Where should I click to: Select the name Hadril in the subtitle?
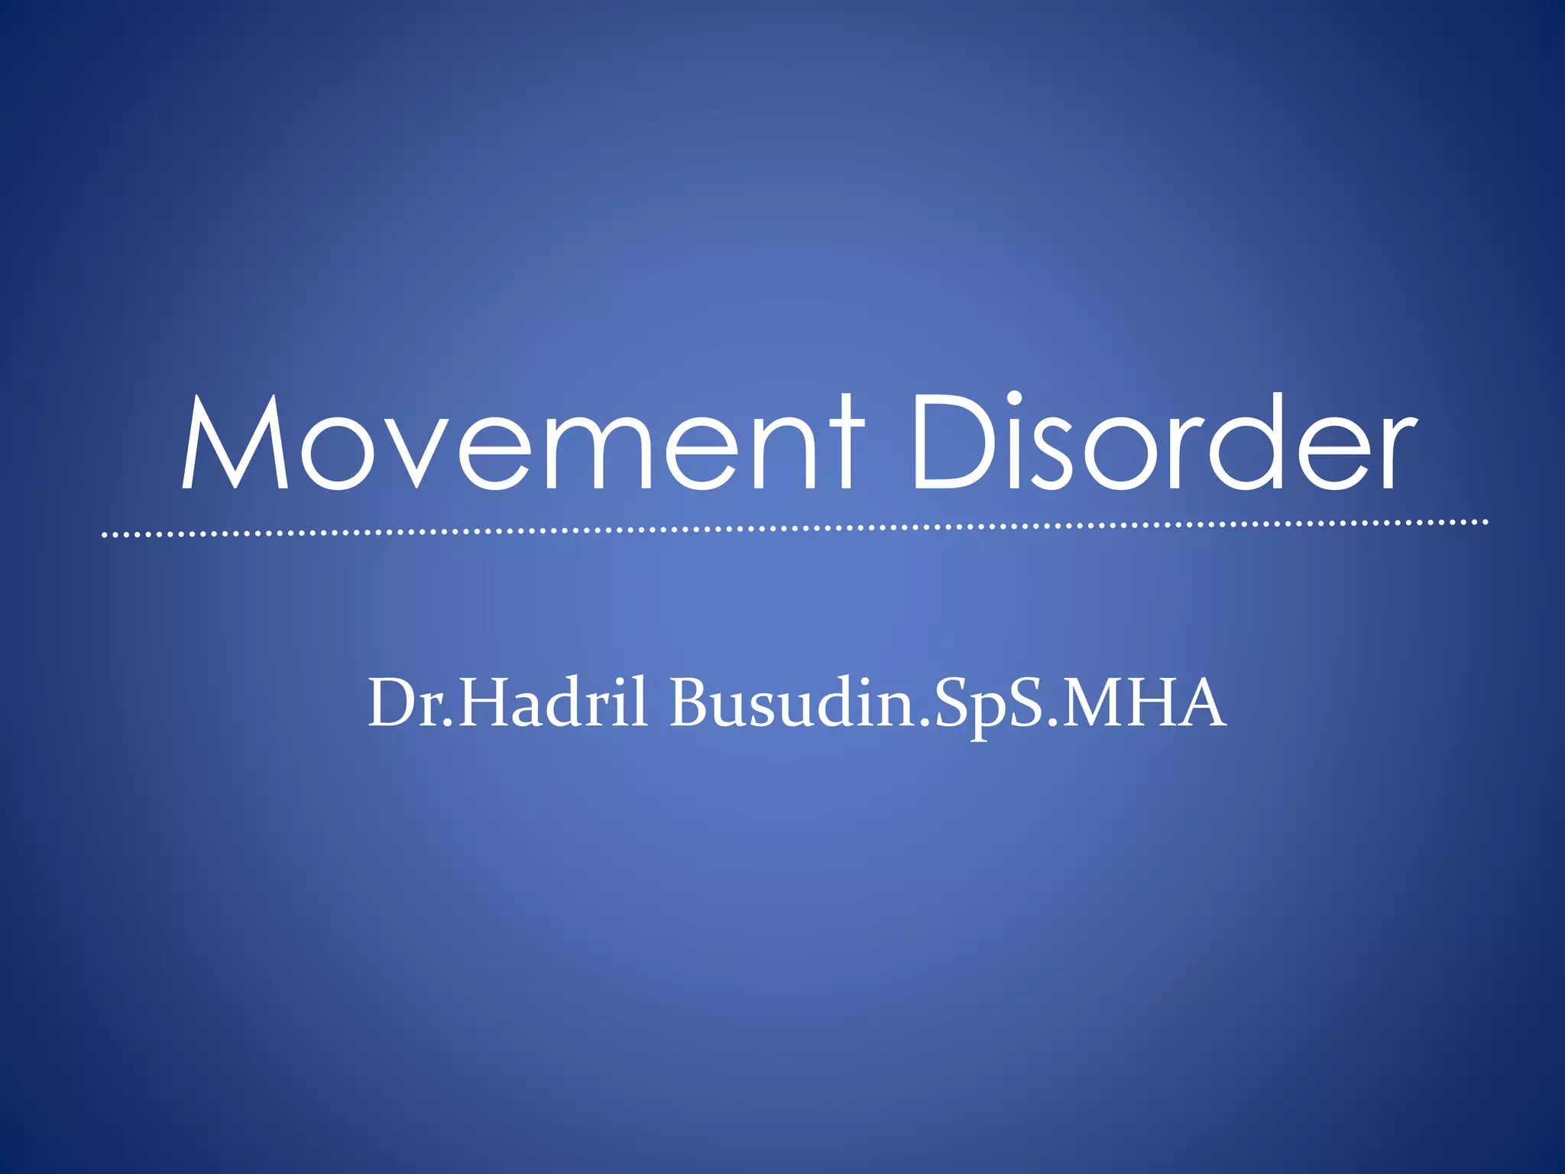pyautogui.click(x=553, y=703)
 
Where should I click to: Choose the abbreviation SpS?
pyautogui.click(x=987, y=703)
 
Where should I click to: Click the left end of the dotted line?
pyautogui.click(x=105, y=535)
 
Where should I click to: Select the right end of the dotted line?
pyautogui.click(x=1486, y=523)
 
